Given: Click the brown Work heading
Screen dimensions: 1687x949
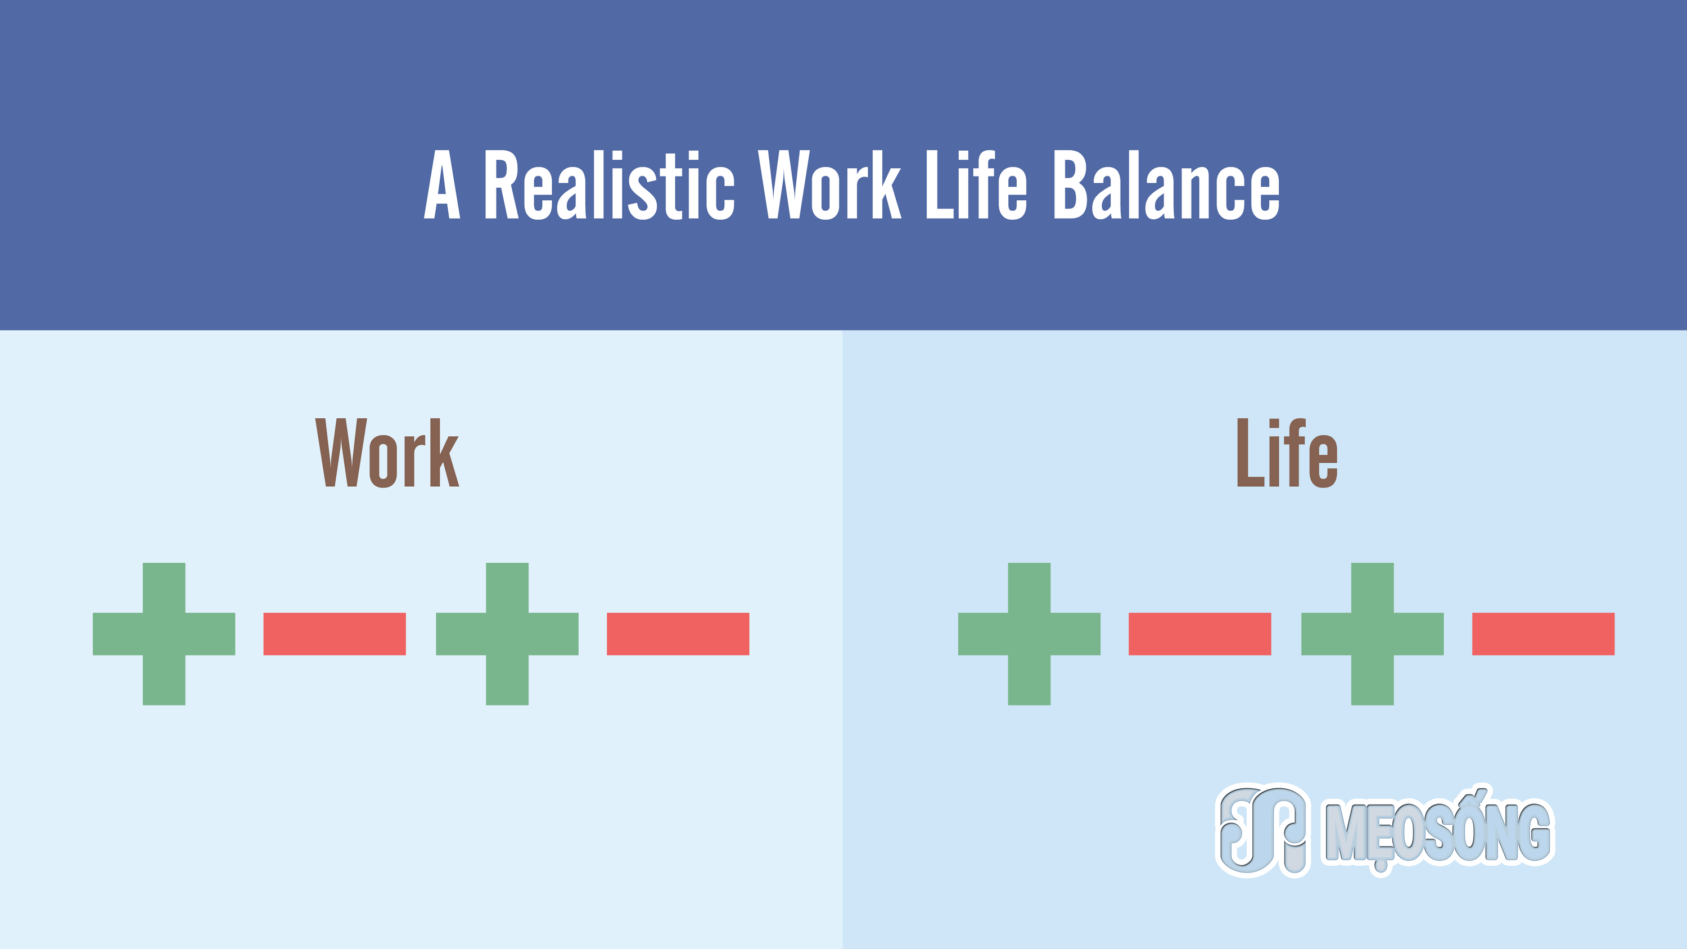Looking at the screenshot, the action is tap(387, 453).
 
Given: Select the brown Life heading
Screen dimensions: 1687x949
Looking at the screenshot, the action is tap(1287, 453).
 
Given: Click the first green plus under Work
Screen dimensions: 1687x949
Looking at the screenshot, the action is tap(164, 634).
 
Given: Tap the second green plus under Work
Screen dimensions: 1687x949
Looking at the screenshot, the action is tap(507, 634).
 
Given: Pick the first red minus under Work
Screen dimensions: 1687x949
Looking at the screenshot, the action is tap(335, 634).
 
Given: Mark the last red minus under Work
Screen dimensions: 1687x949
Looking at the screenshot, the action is tap(678, 634).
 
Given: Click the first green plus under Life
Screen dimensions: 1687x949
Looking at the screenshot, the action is tap(1029, 634).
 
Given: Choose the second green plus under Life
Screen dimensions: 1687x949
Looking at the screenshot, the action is tap(1373, 634).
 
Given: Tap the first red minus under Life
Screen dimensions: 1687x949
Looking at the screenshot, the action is tap(1200, 634).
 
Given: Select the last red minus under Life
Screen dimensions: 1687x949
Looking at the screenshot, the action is tap(1544, 634).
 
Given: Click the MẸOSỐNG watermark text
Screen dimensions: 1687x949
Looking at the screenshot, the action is tap(1437, 830).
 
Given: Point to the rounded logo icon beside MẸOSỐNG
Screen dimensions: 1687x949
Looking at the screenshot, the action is tap(1262, 830).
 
